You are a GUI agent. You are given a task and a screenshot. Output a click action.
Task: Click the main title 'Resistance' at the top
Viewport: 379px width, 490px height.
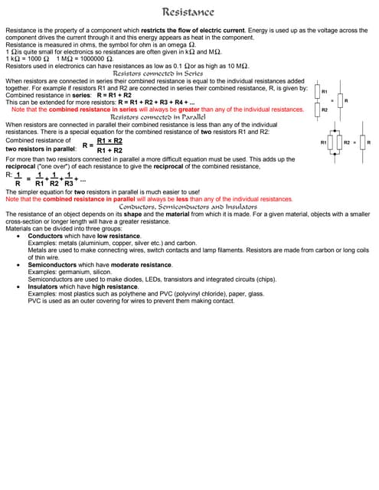click(188, 11)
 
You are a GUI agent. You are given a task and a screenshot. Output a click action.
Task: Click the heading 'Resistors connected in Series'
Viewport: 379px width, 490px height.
click(158, 73)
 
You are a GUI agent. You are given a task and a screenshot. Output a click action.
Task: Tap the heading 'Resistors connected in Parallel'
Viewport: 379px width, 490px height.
click(159, 117)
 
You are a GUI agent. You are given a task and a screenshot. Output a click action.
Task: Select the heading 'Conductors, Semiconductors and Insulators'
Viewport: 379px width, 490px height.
click(188, 207)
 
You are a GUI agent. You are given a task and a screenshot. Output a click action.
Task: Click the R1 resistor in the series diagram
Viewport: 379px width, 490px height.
click(316, 92)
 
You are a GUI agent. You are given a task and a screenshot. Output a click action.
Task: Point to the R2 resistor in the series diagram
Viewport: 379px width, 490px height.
click(316, 110)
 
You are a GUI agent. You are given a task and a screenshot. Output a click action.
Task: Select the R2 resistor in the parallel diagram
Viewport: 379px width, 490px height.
click(341, 143)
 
